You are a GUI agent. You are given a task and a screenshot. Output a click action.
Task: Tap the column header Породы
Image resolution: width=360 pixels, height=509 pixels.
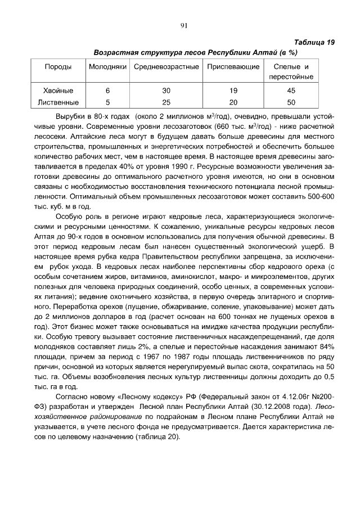click(58, 67)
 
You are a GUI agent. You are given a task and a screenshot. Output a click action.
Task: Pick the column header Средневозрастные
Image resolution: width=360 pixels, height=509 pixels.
click(166, 67)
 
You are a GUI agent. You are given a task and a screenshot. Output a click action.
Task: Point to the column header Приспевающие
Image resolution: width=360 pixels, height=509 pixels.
click(233, 67)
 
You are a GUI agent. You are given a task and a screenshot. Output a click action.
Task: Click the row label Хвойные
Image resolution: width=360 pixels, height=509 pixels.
click(58, 91)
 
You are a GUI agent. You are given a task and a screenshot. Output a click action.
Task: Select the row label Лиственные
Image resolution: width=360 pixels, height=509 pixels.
click(58, 102)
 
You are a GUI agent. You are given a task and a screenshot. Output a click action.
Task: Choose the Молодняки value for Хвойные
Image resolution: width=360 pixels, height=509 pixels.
click(107, 91)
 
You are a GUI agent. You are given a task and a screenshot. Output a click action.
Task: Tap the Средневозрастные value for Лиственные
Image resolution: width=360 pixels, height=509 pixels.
click(166, 102)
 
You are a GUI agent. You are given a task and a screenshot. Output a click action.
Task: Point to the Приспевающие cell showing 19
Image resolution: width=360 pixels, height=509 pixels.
click(233, 91)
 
